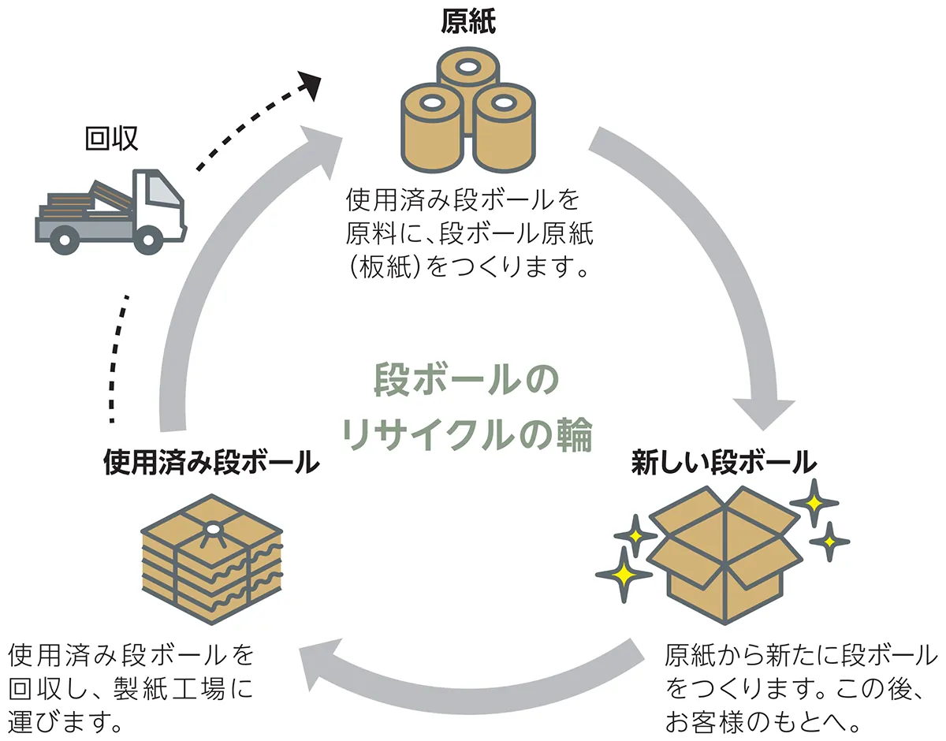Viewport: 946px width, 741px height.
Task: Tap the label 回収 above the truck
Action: pos(111,139)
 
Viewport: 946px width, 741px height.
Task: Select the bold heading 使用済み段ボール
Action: pos(210,462)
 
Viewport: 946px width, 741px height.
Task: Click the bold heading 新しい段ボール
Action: pos(723,462)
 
